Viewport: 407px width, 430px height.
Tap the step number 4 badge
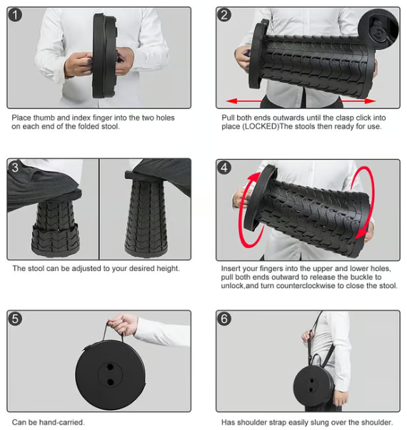225,168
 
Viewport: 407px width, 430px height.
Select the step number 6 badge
225,319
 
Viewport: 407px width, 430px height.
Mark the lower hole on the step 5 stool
110,382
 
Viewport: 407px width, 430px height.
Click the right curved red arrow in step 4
366,207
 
